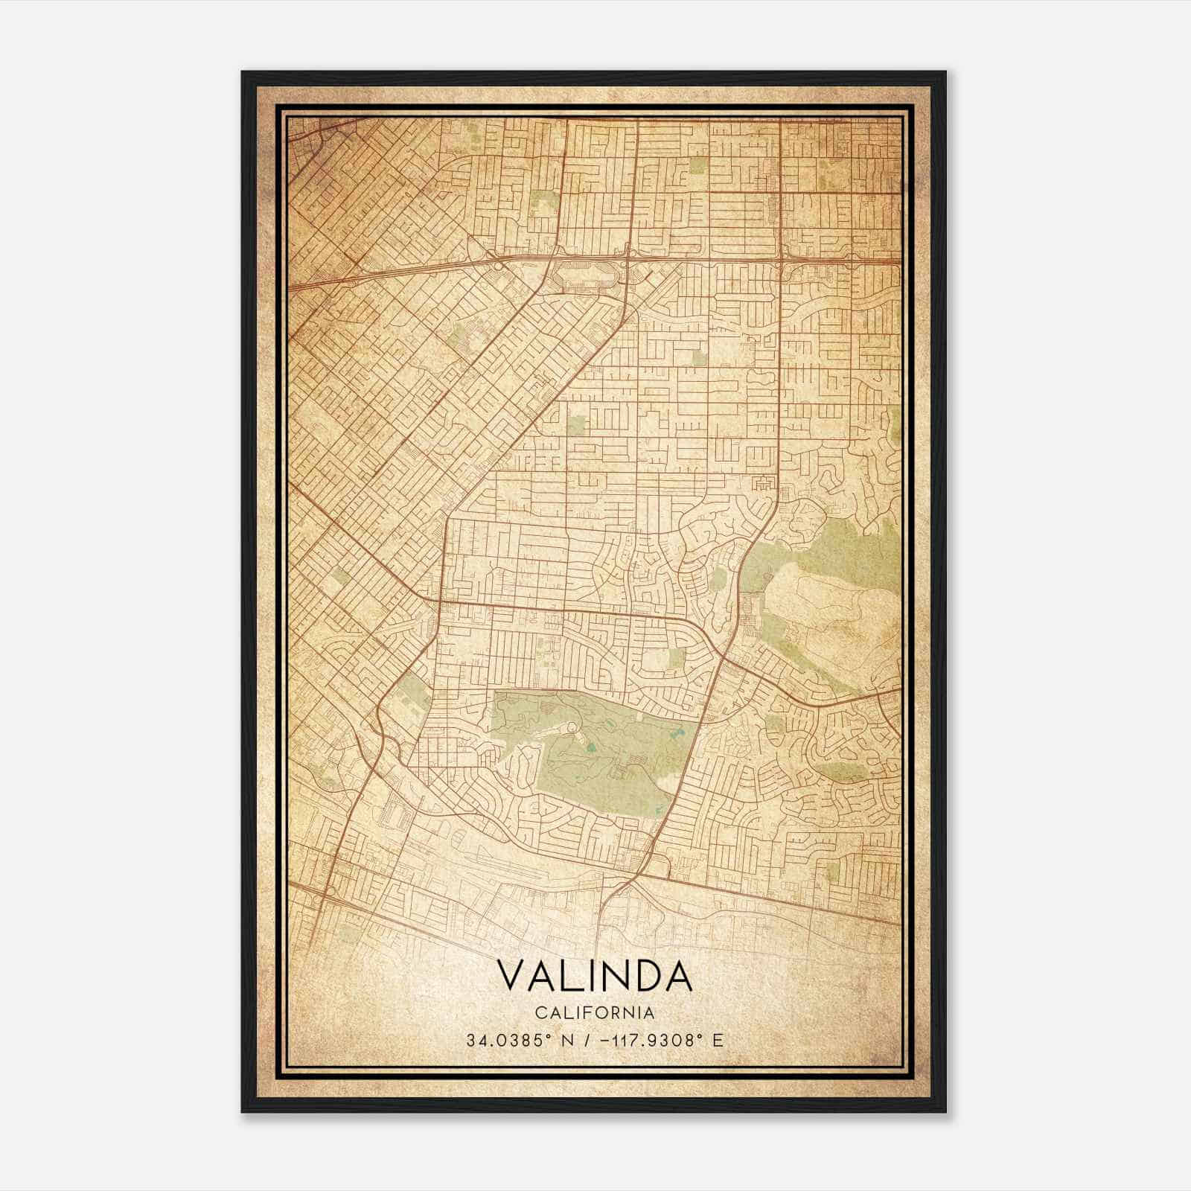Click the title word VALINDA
594,977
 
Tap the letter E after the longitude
718,1040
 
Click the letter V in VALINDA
511,977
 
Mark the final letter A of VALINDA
677,977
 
